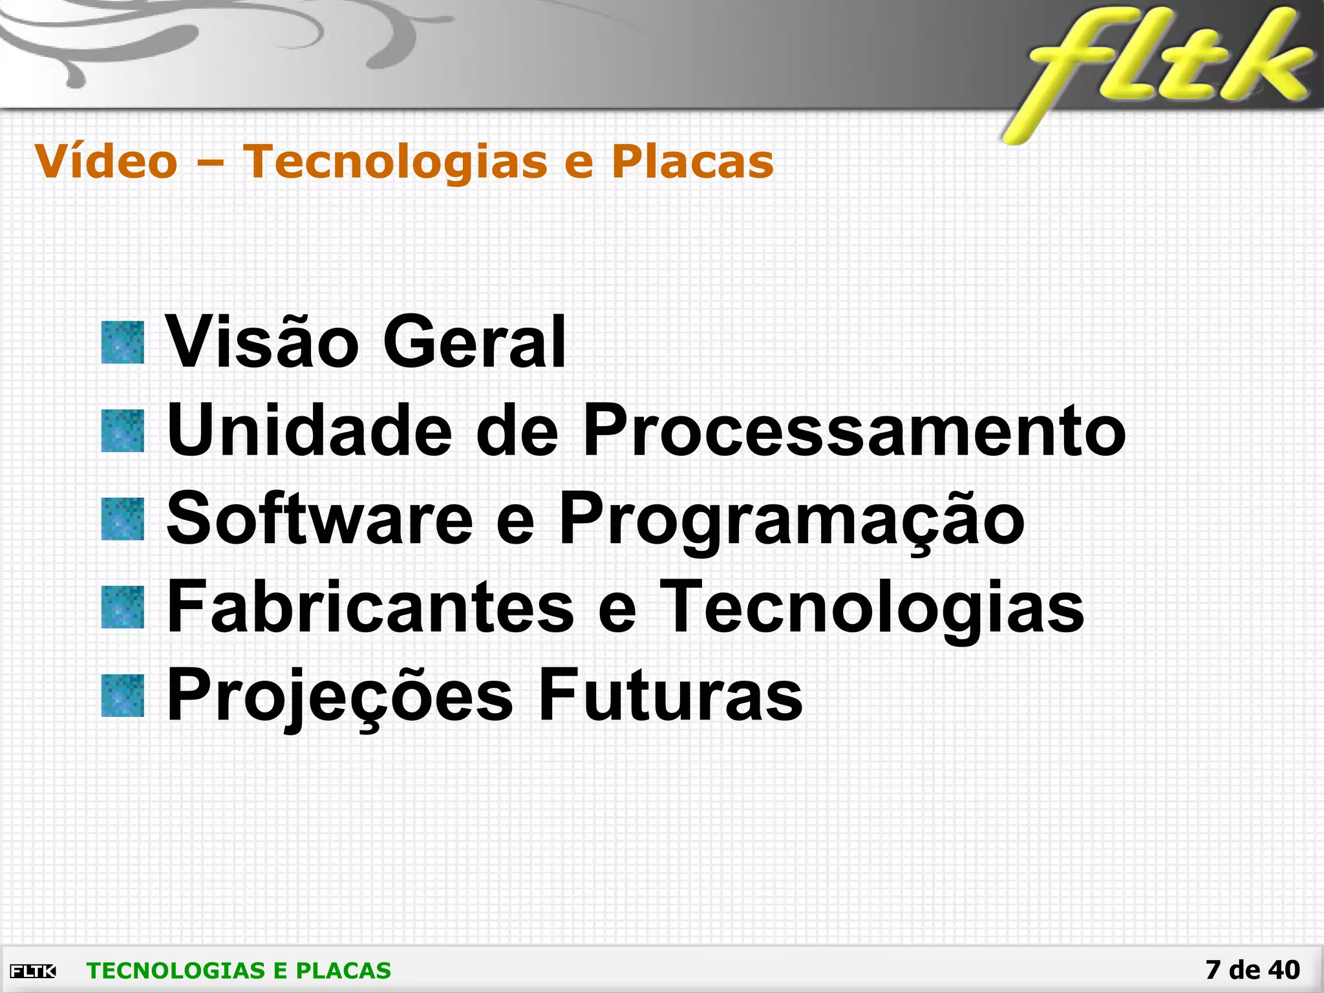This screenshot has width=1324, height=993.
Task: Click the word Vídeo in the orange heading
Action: tap(106, 161)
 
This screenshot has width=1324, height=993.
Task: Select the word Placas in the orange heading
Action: tap(692, 161)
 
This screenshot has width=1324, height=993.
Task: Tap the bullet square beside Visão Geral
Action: tap(123, 343)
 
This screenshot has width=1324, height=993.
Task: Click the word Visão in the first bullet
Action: tap(262, 343)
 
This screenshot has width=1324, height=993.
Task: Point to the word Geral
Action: tap(475, 343)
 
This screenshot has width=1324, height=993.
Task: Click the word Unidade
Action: tap(310, 431)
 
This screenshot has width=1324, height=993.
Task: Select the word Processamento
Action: tap(854, 431)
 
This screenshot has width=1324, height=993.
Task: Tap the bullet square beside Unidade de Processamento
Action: tap(123, 431)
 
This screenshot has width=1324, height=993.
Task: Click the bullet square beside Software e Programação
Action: tap(123, 519)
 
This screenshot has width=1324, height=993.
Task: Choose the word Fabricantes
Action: tap(370, 607)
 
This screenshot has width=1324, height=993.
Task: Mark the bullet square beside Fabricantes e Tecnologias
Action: tap(123, 607)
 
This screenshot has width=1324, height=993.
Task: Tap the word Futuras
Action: tap(670, 696)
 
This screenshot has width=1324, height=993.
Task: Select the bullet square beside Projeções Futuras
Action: tap(123, 696)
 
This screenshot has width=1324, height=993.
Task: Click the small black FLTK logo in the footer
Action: tap(33, 971)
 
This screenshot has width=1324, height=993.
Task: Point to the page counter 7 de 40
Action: tap(1252, 970)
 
